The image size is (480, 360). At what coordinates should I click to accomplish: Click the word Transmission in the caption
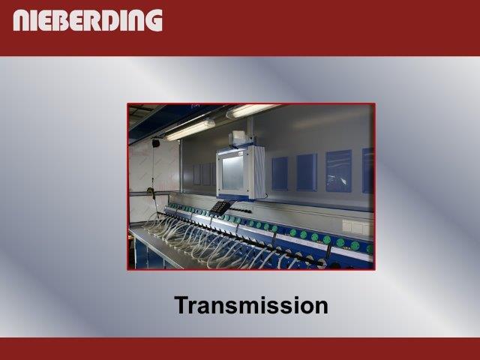[x=251, y=305]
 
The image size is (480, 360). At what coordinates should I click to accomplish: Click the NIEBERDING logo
[x=88, y=20]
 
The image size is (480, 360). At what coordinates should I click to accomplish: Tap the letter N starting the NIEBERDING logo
[x=21, y=20]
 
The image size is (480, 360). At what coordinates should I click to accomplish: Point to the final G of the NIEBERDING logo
[x=154, y=20]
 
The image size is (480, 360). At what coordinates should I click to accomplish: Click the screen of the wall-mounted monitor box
[x=232, y=173]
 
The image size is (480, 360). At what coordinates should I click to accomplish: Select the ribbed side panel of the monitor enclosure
[x=259, y=173]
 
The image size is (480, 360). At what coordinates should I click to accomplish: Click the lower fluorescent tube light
[x=190, y=130]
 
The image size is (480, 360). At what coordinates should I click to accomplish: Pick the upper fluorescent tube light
[x=251, y=110]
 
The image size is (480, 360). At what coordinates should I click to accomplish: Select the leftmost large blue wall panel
[x=280, y=173]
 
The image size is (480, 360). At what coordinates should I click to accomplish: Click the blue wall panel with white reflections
[x=338, y=171]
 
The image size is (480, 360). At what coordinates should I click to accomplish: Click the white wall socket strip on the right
[x=358, y=227]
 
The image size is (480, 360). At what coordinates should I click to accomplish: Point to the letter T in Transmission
[x=183, y=305]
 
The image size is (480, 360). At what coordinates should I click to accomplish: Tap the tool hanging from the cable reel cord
[x=151, y=193]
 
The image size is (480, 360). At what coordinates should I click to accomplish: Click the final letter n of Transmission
[x=321, y=307]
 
